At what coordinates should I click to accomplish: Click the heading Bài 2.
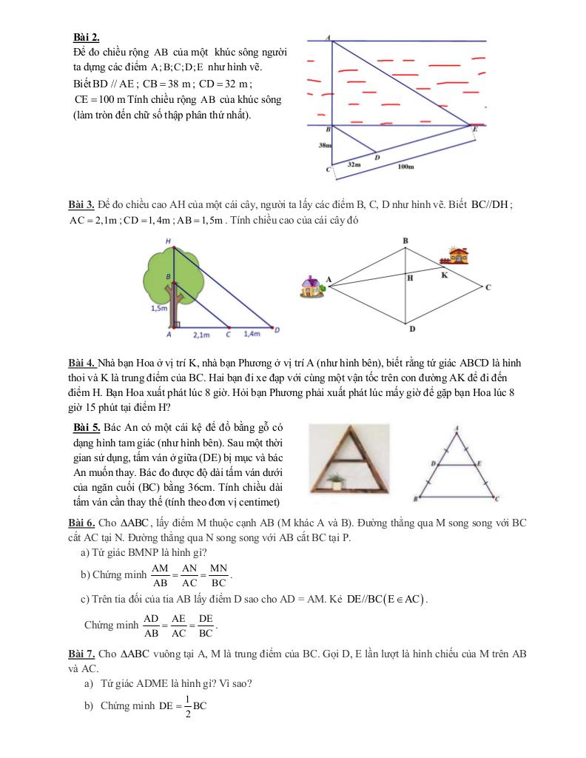pos(87,37)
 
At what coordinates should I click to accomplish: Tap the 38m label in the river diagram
pos(324,146)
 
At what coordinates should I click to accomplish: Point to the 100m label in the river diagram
pos(405,168)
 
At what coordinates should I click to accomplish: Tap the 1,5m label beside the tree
pos(159,308)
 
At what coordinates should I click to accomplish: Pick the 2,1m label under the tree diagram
pos(201,335)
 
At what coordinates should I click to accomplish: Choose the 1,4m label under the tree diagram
pos(252,335)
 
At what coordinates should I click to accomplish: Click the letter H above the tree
pos(169,241)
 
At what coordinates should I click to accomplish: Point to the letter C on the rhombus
pos(488,287)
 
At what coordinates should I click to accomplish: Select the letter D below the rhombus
pos(411,329)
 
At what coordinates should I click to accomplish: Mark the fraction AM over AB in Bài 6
pos(159,574)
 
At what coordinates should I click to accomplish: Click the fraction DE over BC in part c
pos(206,625)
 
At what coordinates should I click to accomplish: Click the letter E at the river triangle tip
pos(476,129)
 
